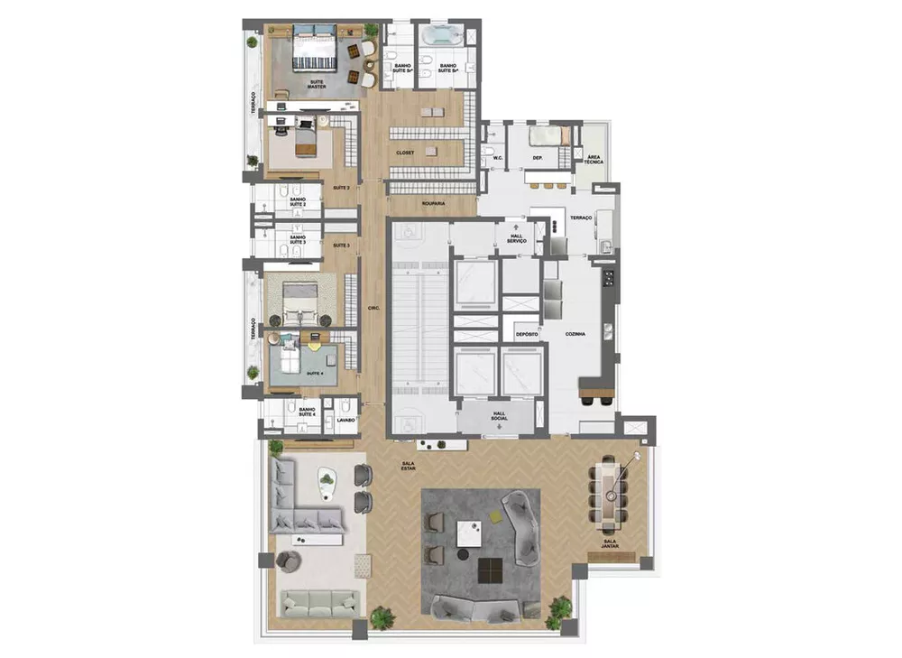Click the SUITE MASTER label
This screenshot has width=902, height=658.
tap(317, 83)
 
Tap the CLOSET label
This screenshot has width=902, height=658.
tap(405, 153)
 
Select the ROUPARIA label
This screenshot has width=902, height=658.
tap(433, 204)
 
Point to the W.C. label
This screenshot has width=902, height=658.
tap(497, 158)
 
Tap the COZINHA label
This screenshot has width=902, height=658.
tap(575, 334)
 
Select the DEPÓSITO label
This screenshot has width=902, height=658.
tap(527, 334)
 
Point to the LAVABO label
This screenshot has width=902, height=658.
tap(346, 420)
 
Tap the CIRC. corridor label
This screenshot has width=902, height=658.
tap(373, 309)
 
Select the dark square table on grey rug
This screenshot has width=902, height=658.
tap(492, 570)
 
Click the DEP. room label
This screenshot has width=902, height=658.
tap(536, 158)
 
